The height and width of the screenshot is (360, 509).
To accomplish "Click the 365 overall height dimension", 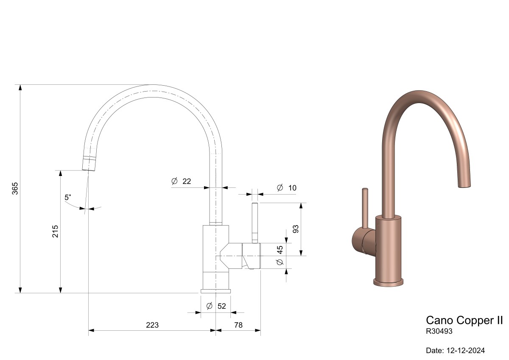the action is click(x=15, y=188).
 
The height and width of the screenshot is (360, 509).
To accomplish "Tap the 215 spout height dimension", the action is click(x=55, y=231).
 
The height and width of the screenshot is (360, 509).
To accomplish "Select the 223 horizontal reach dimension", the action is click(x=152, y=325).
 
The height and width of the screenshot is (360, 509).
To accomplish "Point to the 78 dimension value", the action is click(x=238, y=325).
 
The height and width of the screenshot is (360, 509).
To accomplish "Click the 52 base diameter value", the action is click(x=221, y=306).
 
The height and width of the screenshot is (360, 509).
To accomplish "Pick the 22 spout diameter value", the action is click(x=187, y=181).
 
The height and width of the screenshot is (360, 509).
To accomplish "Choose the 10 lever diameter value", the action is click(x=292, y=188).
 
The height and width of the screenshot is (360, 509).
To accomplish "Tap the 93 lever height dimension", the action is click(x=296, y=229).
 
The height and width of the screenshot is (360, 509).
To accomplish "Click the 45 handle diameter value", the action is click(x=280, y=250).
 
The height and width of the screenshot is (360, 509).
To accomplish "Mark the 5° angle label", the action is click(x=68, y=197).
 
